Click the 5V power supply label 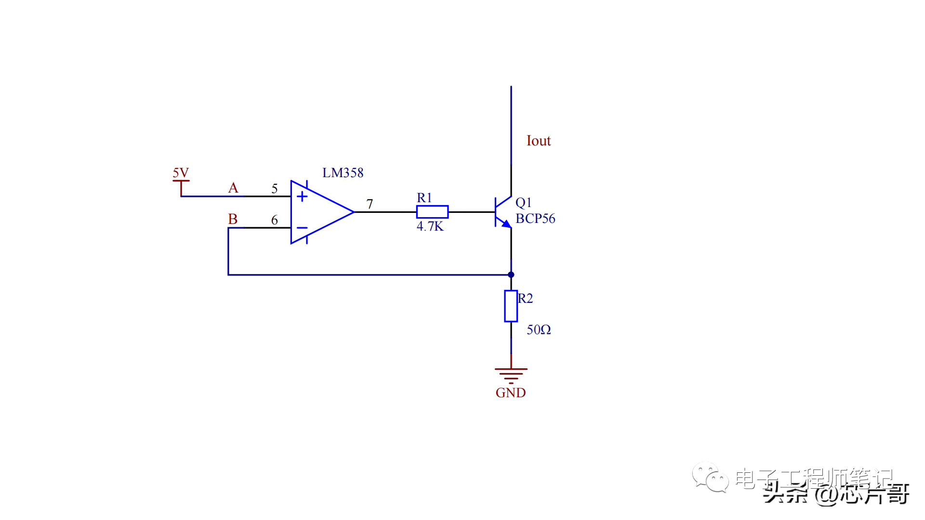(181, 173)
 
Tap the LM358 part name (343, 173)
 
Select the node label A (233, 188)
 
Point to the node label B (233, 219)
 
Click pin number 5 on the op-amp (275, 188)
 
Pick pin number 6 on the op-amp (275, 220)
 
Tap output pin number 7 (370, 204)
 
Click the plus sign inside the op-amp (302, 196)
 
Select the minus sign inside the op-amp (302, 228)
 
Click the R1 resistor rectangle (432, 212)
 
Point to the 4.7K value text (430, 226)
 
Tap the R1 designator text (424, 198)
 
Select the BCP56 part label (535, 219)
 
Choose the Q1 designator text (523, 203)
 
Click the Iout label (539, 141)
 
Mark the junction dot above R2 (511, 275)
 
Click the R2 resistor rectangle (511, 306)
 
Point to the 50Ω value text (539, 330)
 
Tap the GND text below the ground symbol (511, 393)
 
